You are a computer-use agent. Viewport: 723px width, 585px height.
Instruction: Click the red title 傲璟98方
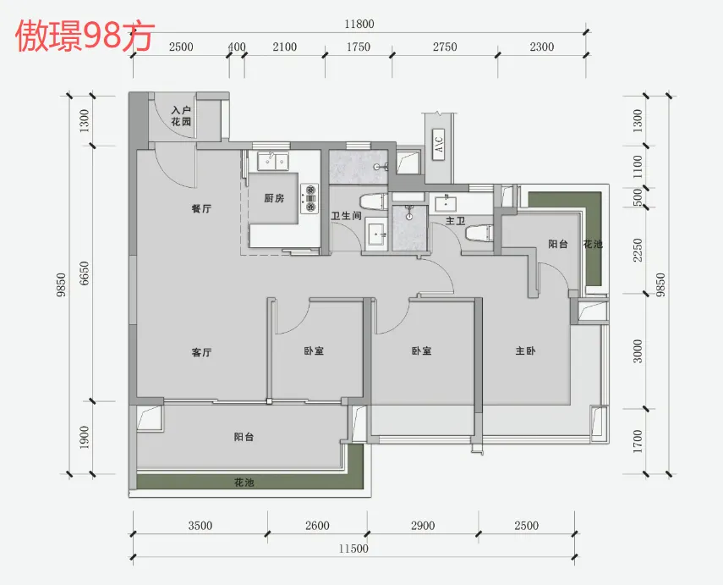click(x=85, y=36)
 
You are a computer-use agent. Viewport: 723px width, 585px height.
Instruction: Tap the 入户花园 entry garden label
click(x=181, y=116)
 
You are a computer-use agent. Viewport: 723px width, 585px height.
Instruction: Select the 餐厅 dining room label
click(x=201, y=209)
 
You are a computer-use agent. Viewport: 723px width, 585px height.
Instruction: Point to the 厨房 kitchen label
click(x=274, y=199)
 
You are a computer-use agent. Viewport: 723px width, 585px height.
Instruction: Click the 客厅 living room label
click(x=201, y=352)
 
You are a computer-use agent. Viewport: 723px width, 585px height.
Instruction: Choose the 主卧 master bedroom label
click(x=525, y=350)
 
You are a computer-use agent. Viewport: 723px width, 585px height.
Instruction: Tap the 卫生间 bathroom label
click(x=347, y=216)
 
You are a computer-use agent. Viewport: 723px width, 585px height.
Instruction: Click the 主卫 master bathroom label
click(x=455, y=221)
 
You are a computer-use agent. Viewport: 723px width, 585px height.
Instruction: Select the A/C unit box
click(x=439, y=144)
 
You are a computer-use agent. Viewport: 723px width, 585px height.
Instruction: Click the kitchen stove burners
click(x=309, y=199)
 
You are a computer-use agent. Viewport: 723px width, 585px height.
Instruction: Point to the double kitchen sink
click(x=272, y=162)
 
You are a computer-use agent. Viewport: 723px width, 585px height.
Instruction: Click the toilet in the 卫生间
click(x=374, y=202)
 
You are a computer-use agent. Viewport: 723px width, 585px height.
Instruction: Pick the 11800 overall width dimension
click(x=359, y=24)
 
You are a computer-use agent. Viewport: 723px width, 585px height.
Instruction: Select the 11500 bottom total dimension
click(x=353, y=549)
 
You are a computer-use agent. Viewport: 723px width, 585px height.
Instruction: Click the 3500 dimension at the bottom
click(x=200, y=526)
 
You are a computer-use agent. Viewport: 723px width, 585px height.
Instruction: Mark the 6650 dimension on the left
click(x=85, y=273)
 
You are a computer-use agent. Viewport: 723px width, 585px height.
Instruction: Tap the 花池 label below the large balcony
click(x=244, y=483)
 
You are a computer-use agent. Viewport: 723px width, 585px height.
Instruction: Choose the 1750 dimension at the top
click(x=359, y=47)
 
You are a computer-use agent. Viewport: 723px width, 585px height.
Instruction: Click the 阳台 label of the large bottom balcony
click(x=244, y=437)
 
